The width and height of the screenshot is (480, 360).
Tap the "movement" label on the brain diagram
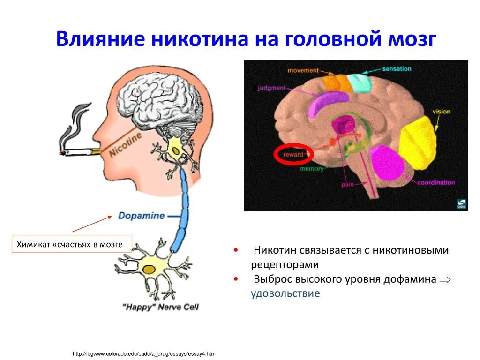pyautogui.click(x=303, y=71)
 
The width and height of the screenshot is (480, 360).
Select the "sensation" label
pyautogui.click(x=397, y=69)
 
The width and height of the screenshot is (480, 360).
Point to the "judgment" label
pyautogui.click(x=271, y=88)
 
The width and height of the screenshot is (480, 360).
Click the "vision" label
pyautogui.click(x=441, y=112)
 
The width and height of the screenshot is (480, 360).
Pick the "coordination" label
pyautogui.click(x=436, y=182)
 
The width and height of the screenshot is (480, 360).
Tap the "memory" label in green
pyautogui.click(x=312, y=169)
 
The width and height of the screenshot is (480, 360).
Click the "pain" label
pyautogui.click(x=347, y=185)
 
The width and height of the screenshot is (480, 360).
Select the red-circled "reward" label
pyautogui.click(x=293, y=155)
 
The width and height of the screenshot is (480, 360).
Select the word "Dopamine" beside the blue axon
pyautogui.click(x=141, y=216)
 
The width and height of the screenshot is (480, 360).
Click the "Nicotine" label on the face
pyautogui.click(x=125, y=145)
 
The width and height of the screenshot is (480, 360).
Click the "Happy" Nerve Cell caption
pyautogui.click(x=160, y=307)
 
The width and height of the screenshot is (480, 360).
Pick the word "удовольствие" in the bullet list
pyautogui.click(x=285, y=293)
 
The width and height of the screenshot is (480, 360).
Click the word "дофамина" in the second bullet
pyautogui.click(x=408, y=279)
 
